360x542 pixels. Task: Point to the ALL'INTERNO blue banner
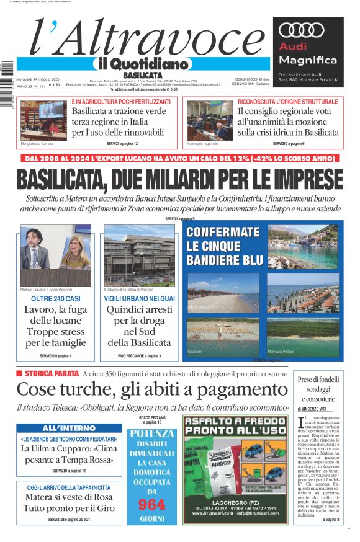pyautogui.click(x=69, y=429)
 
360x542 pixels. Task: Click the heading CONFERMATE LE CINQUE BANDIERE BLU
pyautogui.click(x=224, y=246)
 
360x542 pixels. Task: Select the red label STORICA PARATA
pyautogui.click(x=51, y=373)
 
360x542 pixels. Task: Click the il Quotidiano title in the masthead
pyautogui.click(x=142, y=64)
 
